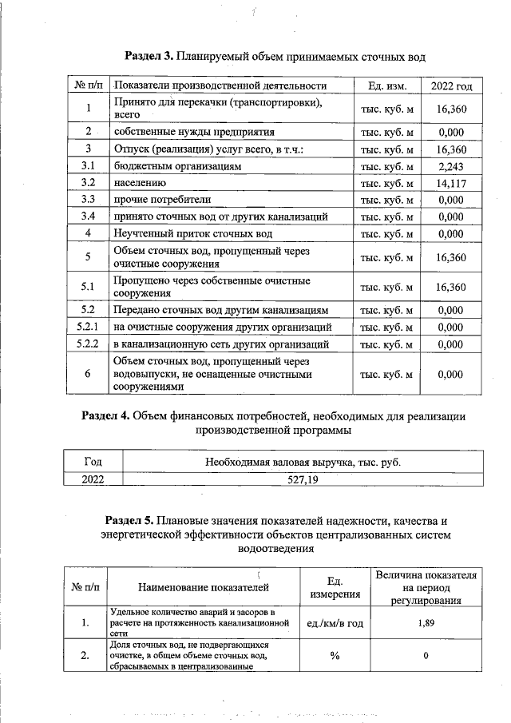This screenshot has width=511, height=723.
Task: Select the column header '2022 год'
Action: (451, 86)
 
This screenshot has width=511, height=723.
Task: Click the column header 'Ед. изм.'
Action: (387, 86)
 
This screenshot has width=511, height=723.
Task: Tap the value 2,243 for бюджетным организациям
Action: (451, 166)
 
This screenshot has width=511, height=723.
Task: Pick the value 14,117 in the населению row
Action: (451, 183)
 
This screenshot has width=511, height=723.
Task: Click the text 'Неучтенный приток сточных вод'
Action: (192, 233)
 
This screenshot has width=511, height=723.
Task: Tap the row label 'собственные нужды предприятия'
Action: (194, 133)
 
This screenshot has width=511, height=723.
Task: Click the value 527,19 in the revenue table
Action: (303, 479)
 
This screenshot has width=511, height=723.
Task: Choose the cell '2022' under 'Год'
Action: (93, 479)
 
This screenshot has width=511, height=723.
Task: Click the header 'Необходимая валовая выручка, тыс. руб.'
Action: (303, 462)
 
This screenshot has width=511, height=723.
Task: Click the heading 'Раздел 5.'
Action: (130, 519)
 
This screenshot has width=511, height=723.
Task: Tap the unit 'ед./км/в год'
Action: (335, 623)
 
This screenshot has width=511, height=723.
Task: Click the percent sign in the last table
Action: (335, 657)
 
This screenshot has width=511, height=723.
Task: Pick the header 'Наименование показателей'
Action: (204, 588)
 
